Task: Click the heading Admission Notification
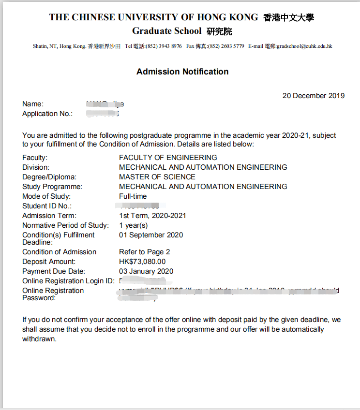tap(182, 72)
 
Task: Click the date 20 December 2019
tap(314, 96)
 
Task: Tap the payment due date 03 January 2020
tap(146, 271)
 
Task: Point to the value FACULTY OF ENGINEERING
tap(168, 158)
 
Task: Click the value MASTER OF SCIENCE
tap(157, 177)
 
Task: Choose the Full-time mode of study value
tap(133, 196)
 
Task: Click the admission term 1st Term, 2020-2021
tap(152, 216)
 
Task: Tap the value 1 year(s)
tap(134, 225)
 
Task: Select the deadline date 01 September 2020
tap(151, 235)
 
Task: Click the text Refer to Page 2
tap(145, 252)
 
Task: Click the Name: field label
tap(33, 104)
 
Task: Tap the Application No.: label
tap(47, 114)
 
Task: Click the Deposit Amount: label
tap(48, 262)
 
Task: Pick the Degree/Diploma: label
tap(49, 177)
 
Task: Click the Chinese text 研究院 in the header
tap(219, 32)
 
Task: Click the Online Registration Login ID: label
tap(68, 281)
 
